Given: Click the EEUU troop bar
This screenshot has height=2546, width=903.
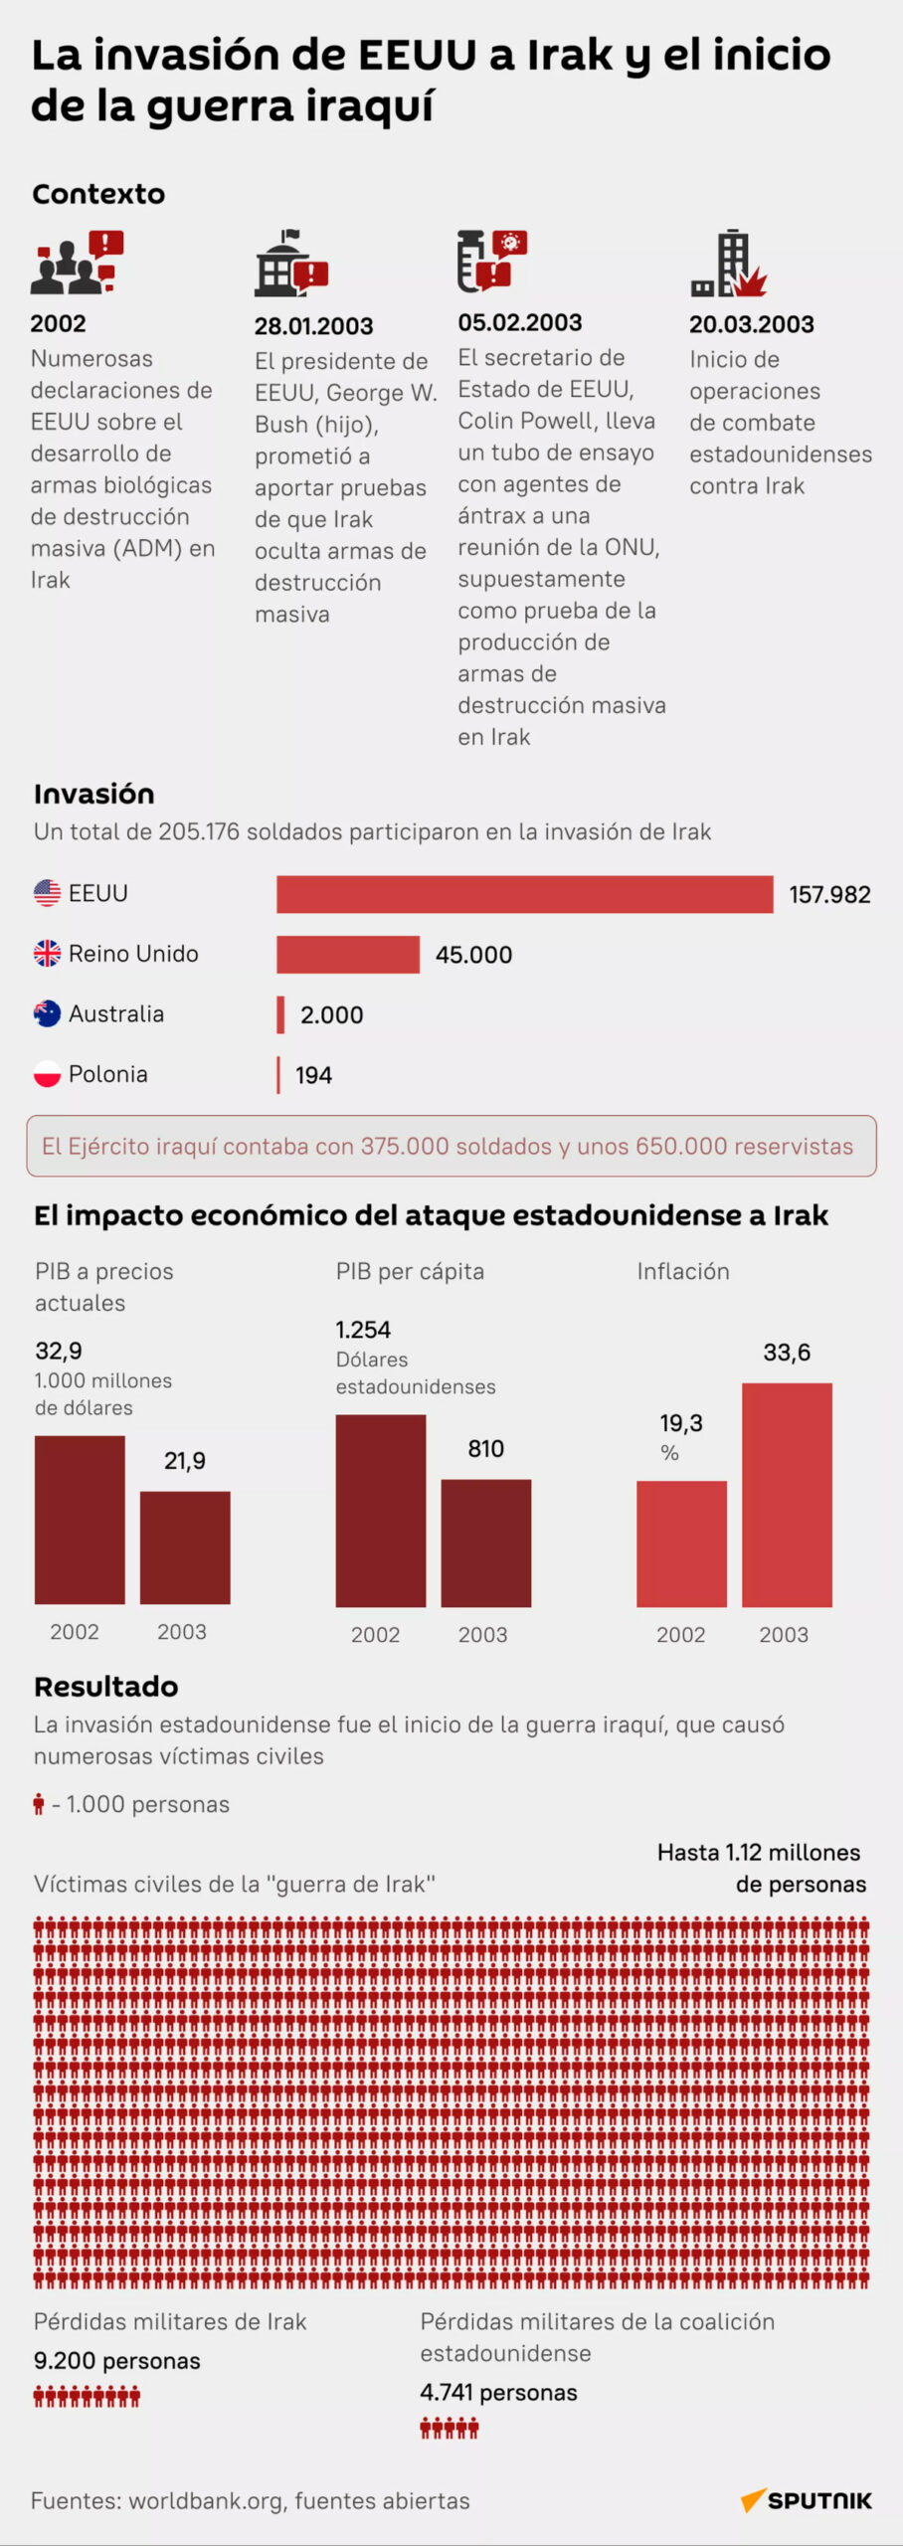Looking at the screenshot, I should [524, 893].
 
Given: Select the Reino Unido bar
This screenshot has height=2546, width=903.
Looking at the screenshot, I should [348, 954].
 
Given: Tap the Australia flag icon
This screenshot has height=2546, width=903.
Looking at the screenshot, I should [47, 1013].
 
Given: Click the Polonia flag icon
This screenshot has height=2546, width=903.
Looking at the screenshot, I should [47, 1074].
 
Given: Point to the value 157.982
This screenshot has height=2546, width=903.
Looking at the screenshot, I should [829, 894].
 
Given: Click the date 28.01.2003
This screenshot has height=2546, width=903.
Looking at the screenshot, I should [313, 325].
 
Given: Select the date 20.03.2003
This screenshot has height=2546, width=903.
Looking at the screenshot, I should [751, 324].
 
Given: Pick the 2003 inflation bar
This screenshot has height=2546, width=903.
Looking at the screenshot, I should [787, 1494].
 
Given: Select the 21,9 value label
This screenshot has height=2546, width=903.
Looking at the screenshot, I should [185, 1460].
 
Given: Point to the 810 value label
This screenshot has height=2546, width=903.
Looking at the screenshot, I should [485, 1448].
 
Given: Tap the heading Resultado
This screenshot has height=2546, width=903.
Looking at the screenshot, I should [105, 1686].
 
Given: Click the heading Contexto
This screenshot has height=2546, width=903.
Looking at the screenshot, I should [98, 194].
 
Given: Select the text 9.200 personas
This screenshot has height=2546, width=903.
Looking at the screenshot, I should [116, 2360].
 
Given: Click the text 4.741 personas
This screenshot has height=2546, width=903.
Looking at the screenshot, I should [498, 2392].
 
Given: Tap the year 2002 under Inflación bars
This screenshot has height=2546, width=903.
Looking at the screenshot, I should [680, 1634].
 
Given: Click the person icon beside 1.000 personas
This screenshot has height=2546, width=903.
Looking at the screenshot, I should [39, 1803].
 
